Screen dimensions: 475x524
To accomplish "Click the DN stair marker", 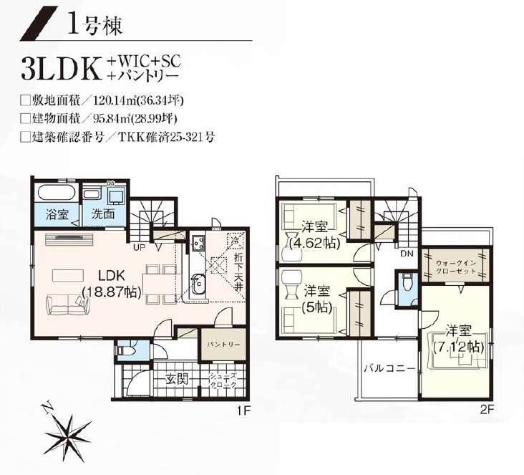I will click(406, 254).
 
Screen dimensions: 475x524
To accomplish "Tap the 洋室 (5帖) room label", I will click(316, 299).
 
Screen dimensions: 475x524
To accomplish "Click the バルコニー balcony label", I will click(389, 369).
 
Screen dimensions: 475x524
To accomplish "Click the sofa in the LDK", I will click(69, 304).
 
